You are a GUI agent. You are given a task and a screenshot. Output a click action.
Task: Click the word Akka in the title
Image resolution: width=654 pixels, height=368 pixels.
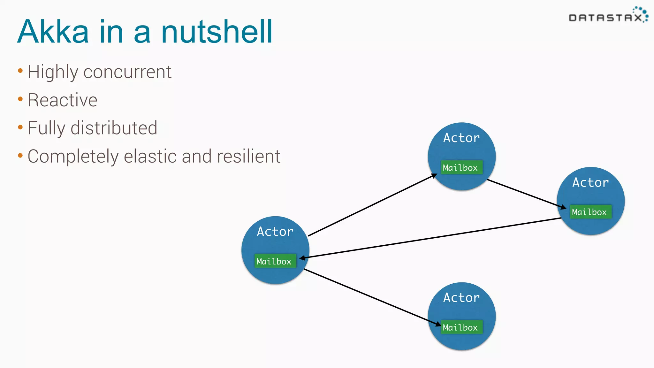coord(53,32)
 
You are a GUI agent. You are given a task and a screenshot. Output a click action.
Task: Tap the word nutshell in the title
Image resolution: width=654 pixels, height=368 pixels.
coord(217,32)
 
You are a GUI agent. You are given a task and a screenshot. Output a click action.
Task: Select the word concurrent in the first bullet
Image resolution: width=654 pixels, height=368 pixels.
coord(127,72)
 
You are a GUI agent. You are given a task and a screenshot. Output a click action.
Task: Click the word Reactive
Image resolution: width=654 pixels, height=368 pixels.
coord(63,100)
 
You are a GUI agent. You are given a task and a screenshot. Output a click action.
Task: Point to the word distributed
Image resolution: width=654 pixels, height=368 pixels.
coord(114,128)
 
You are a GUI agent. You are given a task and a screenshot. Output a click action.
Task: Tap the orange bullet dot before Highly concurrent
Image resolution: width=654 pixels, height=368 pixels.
coord(20,71)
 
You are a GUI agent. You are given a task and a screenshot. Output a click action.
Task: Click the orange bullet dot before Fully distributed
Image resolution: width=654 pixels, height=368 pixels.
coord(20,127)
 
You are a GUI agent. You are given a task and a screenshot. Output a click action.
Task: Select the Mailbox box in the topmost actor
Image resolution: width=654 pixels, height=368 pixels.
coord(461,167)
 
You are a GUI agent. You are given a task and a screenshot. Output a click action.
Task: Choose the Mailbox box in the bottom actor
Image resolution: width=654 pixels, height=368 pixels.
coord(461,327)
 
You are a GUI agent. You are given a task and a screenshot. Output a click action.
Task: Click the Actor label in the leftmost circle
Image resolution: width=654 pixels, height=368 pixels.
coord(275,232)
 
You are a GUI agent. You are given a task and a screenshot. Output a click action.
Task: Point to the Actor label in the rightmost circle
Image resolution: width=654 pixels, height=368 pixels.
coord(590,182)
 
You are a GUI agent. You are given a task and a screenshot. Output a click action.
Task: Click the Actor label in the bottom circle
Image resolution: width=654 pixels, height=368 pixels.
coord(461,298)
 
